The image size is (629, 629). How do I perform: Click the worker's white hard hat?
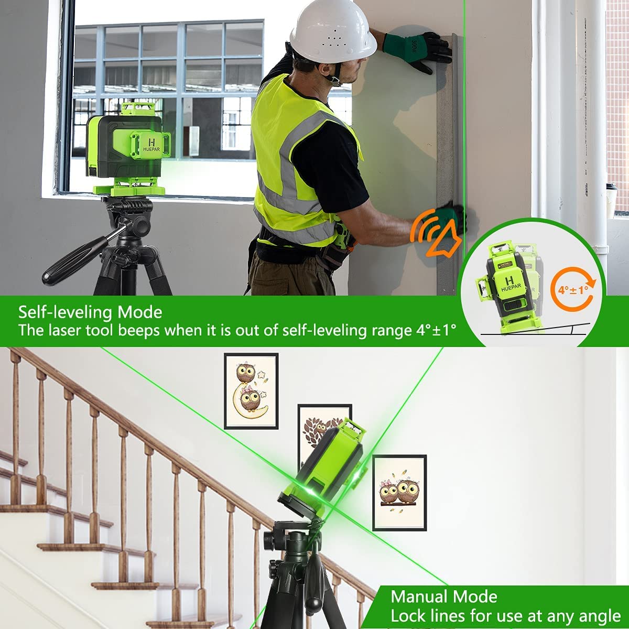[x=333, y=31]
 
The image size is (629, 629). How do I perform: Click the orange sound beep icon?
[x=436, y=233]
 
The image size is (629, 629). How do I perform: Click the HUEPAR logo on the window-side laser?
[x=152, y=144]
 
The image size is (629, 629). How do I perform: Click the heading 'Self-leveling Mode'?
[x=90, y=312]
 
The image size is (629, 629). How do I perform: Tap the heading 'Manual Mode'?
[x=444, y=597]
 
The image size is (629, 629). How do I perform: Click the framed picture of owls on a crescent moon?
[x=251, y=391]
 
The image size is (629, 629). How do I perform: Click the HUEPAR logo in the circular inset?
[x=511, y=284]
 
